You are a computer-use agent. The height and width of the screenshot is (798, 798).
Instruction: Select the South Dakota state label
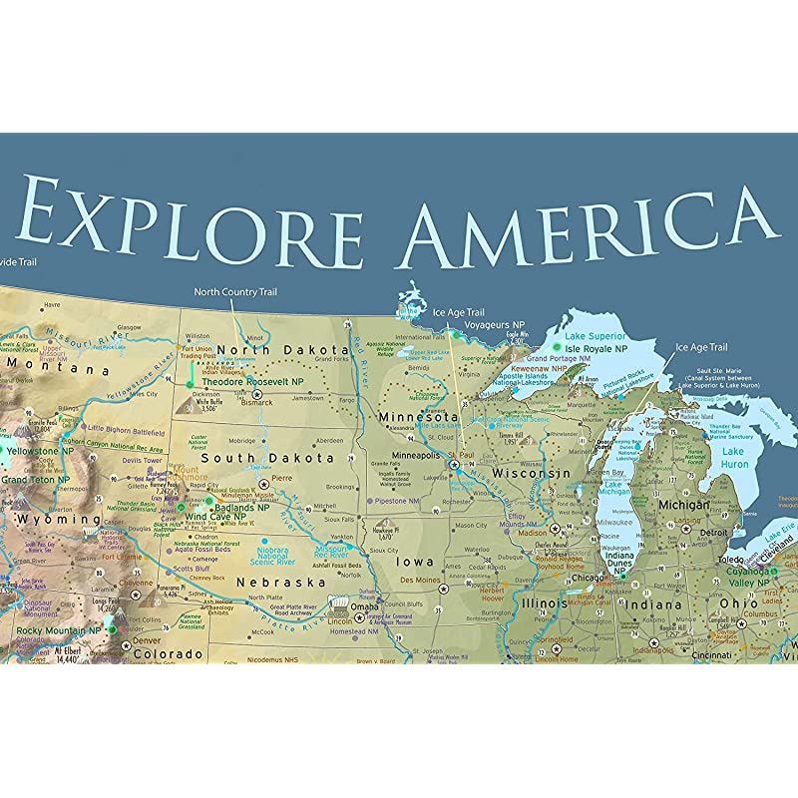point(283,458)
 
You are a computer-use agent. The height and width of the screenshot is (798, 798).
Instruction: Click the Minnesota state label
point(418,416)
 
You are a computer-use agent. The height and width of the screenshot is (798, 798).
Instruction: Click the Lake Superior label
point(595,337)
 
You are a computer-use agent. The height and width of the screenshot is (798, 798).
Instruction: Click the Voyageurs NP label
point(494,325)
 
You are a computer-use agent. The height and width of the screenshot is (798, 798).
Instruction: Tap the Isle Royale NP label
point(597,349)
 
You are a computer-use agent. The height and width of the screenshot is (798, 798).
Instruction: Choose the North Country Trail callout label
point(236,291)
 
